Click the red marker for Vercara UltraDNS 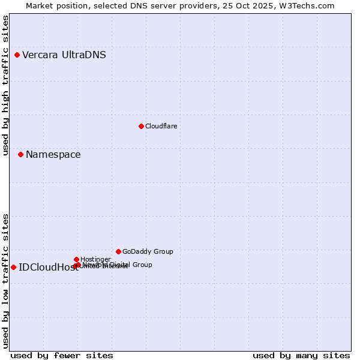17,55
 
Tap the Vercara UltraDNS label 64,55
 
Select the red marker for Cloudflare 141,126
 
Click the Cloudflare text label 161,126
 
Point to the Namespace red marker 20,155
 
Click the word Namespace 53,155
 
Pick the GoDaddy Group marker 118,251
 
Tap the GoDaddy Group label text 148,252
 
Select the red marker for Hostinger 76,259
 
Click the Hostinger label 95,259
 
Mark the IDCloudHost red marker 13,267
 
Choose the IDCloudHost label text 48,268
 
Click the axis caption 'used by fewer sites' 62,355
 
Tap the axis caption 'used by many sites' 301,355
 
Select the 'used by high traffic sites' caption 5,85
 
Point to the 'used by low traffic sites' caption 5,281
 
